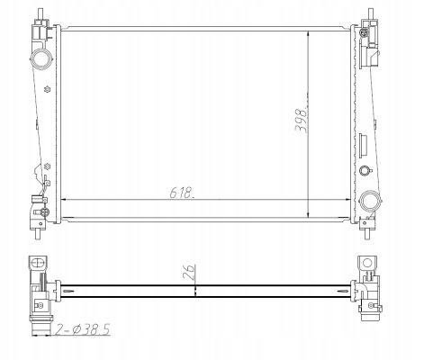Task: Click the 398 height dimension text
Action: coord(301,120)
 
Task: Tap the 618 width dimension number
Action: coord(182,193)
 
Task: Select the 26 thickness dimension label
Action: coord(189,272)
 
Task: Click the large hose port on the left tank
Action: coord(41,58)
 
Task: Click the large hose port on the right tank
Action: coord(370,201)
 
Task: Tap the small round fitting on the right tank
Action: coord(365,170)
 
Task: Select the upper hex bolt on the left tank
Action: coord(47,89)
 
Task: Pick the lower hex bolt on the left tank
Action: coord(47,166)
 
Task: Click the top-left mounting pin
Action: coord(41,14)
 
